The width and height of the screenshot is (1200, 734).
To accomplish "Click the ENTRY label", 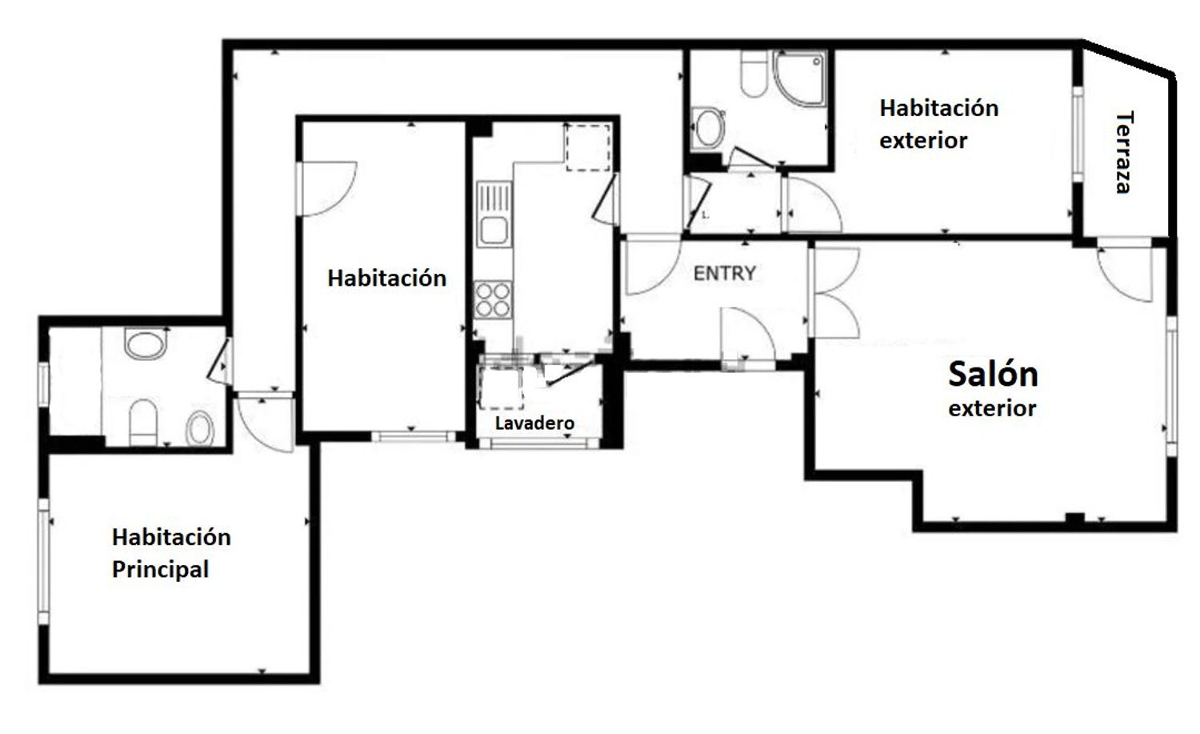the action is point(724,274).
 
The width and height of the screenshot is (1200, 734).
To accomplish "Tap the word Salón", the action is point(993,374).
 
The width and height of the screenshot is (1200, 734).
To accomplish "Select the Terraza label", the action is point(1124,152).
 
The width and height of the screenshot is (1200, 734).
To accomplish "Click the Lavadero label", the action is point(534,423).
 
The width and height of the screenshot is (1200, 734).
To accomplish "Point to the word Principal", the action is point(160,569).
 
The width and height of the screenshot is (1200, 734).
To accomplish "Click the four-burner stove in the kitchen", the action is point(493,299).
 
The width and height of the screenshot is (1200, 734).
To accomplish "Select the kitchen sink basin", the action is point(494,231).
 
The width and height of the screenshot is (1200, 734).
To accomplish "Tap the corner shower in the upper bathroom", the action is point(799,78).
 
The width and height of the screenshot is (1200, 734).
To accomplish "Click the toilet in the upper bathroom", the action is point(754,74).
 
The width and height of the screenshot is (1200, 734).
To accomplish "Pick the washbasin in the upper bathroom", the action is point(708,127).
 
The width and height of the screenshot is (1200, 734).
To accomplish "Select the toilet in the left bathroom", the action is point(143,423).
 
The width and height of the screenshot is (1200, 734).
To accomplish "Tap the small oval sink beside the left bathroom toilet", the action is point(200,428).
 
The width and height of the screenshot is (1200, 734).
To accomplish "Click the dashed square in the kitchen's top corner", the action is point(588,147).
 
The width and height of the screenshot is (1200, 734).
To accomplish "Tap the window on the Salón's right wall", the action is point(1172,387).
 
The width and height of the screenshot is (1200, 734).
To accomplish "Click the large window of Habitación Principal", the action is point(43,562).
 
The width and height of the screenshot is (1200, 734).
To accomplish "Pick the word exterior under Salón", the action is point(992,409).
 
